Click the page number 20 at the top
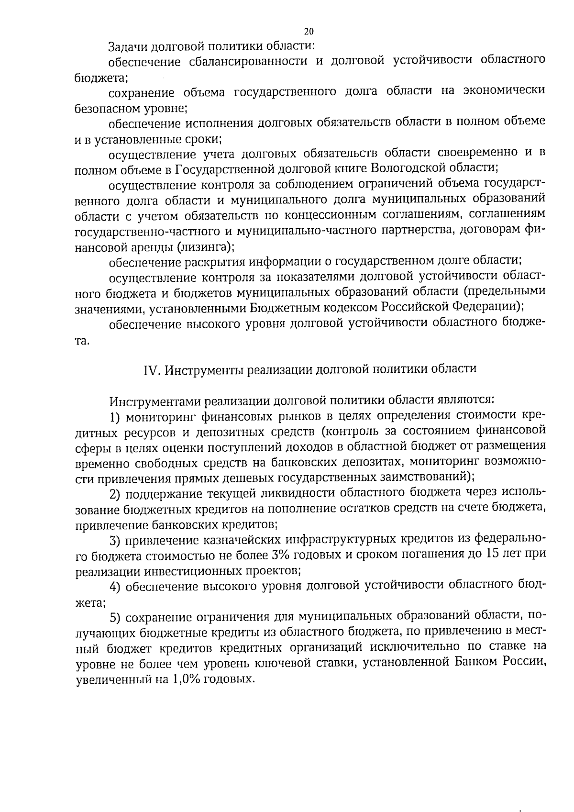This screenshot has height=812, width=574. click(309, 32)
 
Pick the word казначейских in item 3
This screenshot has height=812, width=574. click(241, 540)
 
